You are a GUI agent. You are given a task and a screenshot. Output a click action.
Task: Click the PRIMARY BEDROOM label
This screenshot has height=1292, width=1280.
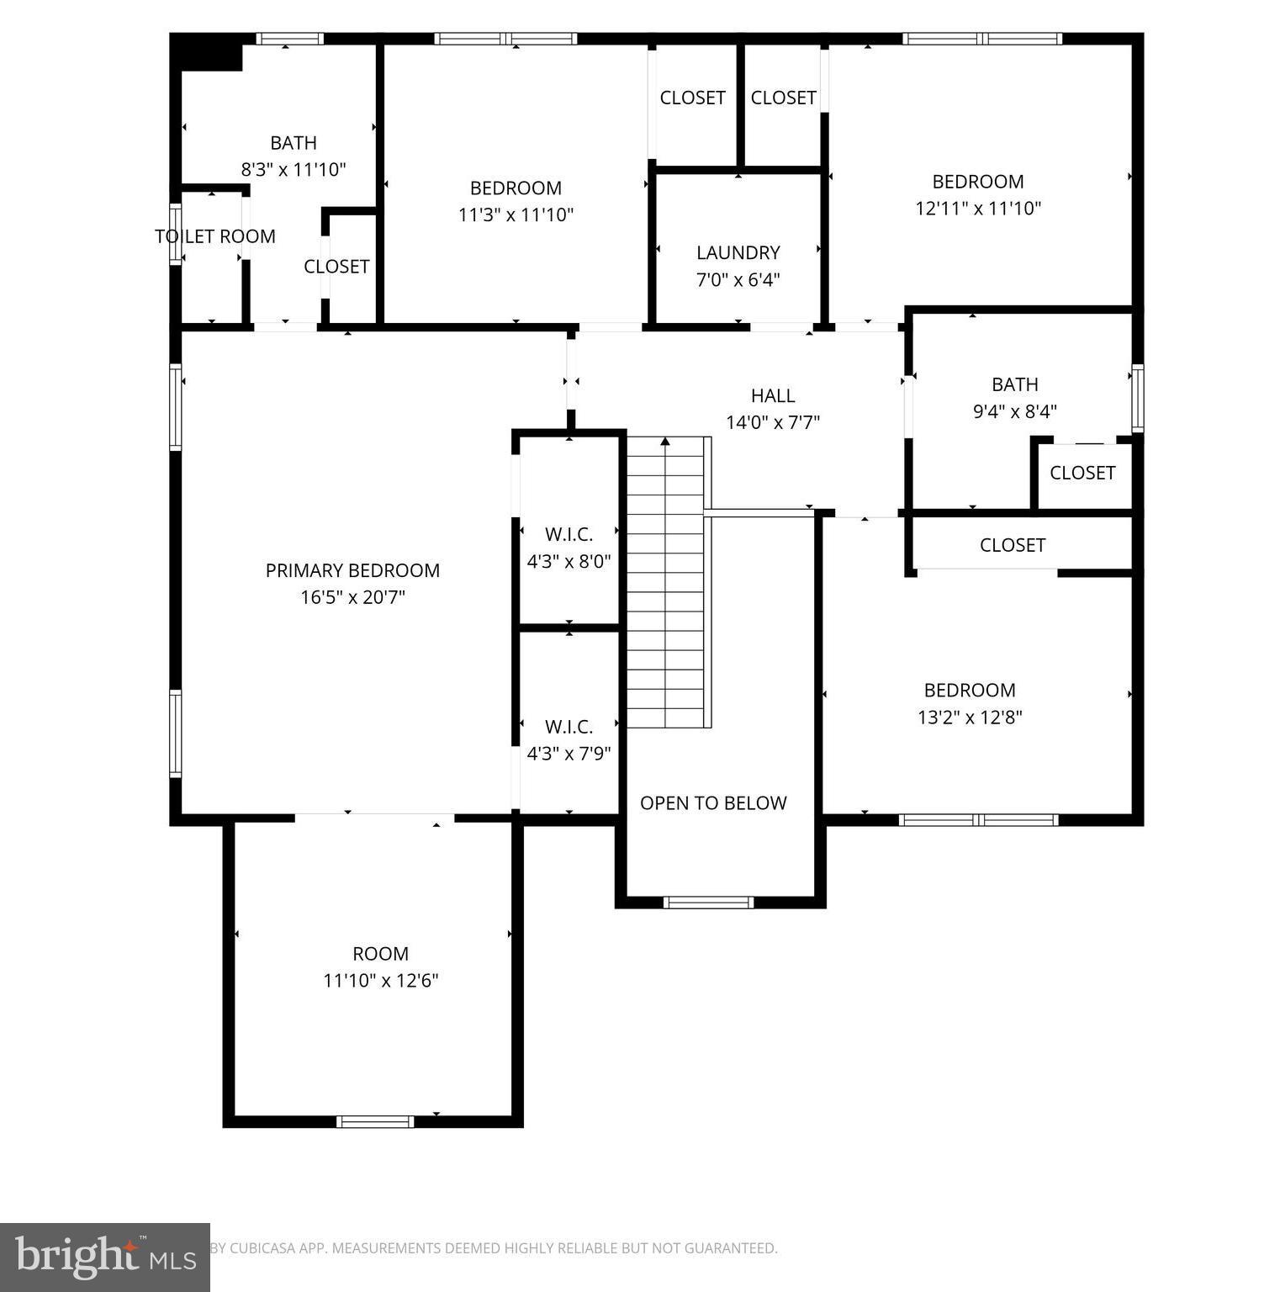[x=352, y=570]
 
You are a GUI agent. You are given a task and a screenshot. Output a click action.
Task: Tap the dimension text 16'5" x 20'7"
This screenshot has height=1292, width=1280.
[x=352, y=597]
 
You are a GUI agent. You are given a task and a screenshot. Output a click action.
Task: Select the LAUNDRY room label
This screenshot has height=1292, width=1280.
[x=738, y=252]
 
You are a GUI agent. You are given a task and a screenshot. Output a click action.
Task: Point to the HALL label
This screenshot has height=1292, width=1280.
[x=772, y=395]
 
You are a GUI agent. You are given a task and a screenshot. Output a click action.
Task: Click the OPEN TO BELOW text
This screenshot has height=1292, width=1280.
[x=713, y=803]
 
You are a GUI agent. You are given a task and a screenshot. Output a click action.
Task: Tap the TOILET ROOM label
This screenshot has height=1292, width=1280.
[x=215, y=236]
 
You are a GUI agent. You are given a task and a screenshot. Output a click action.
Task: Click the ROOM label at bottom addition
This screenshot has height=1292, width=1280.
[x=380, y=954]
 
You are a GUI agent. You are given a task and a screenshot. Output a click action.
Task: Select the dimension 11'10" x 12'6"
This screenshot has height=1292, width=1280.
[x=381, y=981]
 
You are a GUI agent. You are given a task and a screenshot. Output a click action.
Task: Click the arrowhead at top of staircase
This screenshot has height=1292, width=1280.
[x=665, y=441]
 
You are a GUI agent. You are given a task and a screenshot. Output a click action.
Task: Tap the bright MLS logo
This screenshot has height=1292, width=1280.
[x=104, y=1257]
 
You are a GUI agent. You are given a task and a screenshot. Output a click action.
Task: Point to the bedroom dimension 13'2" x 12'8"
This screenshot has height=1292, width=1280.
[x=970, y=717]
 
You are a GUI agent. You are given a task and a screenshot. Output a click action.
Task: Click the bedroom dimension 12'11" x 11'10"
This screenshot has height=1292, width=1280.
[x=978, y=209]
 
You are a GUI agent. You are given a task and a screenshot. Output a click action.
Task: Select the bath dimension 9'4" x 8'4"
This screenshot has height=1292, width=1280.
[x=1014, y=411]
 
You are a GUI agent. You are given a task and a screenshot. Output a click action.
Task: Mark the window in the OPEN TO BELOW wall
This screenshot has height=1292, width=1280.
[x=707, y=903]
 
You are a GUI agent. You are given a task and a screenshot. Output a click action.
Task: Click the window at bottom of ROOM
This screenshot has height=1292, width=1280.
[x=375, y=1121]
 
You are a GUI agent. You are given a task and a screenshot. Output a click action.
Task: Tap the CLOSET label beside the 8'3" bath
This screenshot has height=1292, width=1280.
[x=336, y=267]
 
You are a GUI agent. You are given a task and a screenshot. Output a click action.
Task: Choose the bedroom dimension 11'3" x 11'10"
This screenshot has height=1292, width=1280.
[x=516, y=215]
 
